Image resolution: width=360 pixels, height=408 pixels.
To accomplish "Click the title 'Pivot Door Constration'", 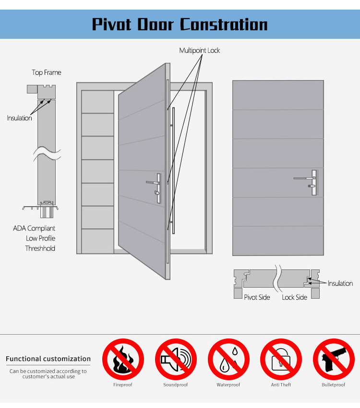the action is pyautogui.click(x=180, y=24).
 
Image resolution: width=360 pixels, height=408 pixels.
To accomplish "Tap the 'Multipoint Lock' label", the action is pyautogui.click(x=200, y=50).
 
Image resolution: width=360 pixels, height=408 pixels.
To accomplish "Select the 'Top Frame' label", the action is pyautogui.click(x=47, y=72).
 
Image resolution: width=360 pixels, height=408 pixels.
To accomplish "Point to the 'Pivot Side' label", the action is pyautogui.click(x=257, y=297).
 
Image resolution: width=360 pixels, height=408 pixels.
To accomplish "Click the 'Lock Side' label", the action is pyautogui.click(x=294, y=297).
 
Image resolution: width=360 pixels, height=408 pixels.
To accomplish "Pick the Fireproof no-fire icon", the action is pyautogui.click(x=123, y=359).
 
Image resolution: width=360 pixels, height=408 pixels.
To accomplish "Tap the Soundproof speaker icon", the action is pyautogui.click(x=176, y=359).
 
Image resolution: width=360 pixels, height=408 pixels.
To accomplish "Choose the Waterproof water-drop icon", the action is pyautogui.click(x=228, y=359).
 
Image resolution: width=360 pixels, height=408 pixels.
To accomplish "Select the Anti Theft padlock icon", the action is pyautogui.click(x=281, y=359).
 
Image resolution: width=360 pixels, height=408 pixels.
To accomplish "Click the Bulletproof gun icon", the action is pyautogui.click(x=334, y=359).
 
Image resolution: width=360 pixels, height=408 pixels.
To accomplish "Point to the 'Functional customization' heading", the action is pyautogui.click(x=48, y=359).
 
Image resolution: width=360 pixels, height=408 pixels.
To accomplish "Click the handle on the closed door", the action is pyautogui.click(x=306, y=182).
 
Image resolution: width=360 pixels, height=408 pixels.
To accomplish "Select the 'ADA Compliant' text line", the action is pyautogui.click(x=34, y=228).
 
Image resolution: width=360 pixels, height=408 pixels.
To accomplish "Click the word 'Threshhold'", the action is pyautogui.click(x=40, y=248).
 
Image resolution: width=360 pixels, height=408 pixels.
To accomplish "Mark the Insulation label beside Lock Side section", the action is pyautogui.click(x=340, y=283).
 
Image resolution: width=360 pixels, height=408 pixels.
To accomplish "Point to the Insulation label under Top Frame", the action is pyautogui.click(x=19, y=118).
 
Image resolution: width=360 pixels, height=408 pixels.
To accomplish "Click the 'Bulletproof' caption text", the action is pyautogui.click(x=334, y=385).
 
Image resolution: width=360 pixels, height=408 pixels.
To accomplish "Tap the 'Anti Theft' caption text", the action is pyautogui.click(x=281, y=385).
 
